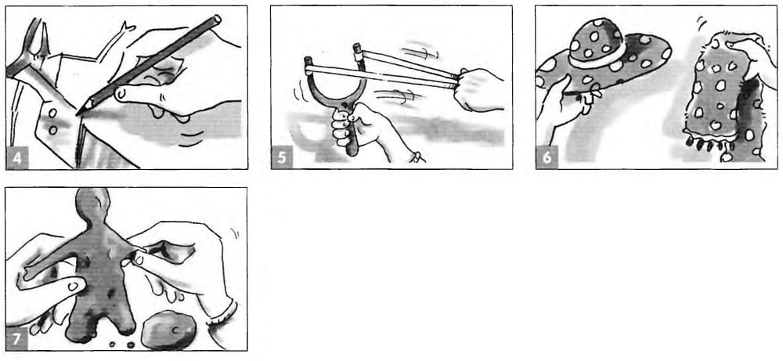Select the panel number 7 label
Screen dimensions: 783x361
point(17,339)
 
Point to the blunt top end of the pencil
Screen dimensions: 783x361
point(217,19)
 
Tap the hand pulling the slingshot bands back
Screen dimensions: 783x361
point(479,90)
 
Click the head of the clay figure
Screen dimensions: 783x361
point(93,204)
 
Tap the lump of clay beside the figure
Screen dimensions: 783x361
point(168,330)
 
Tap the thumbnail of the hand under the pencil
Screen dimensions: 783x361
point(121,94)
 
